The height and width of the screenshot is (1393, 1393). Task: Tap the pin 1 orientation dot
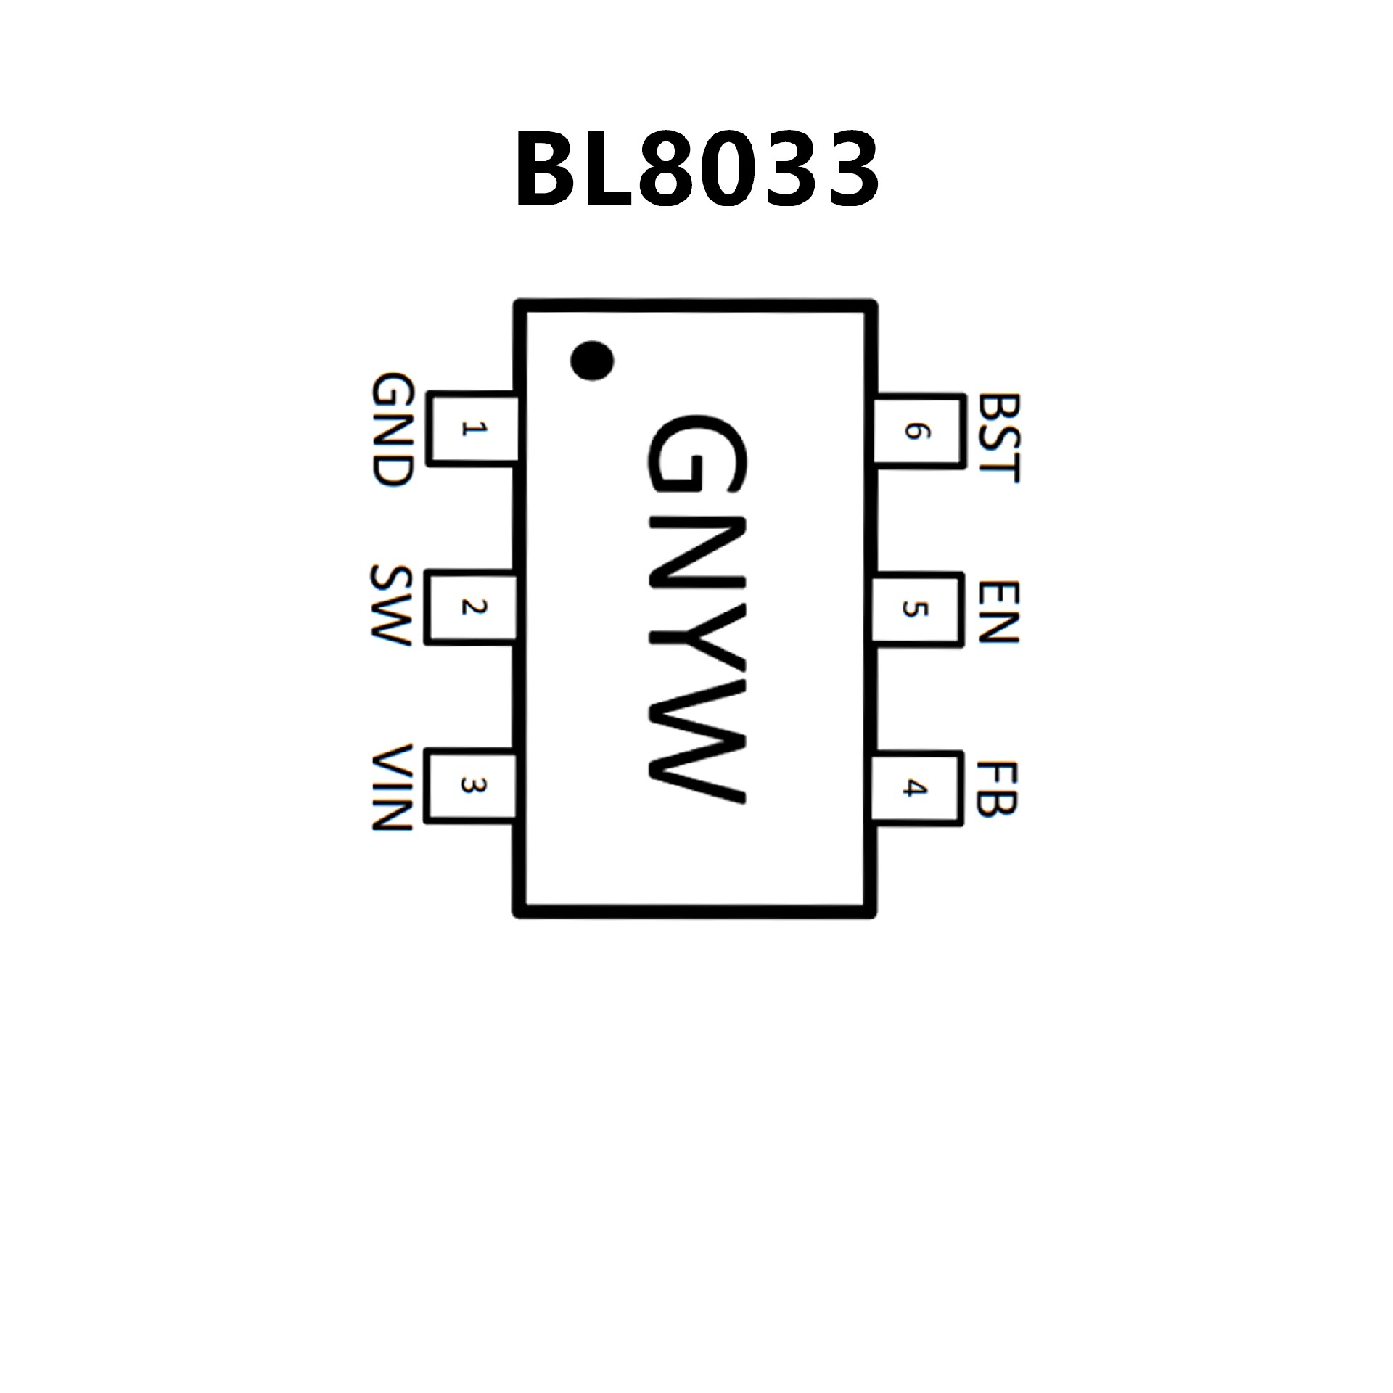click(x=591, y=360)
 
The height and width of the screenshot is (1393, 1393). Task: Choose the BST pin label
click(x=999, y=437)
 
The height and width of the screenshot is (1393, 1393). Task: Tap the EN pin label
click(x=999, y=611)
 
